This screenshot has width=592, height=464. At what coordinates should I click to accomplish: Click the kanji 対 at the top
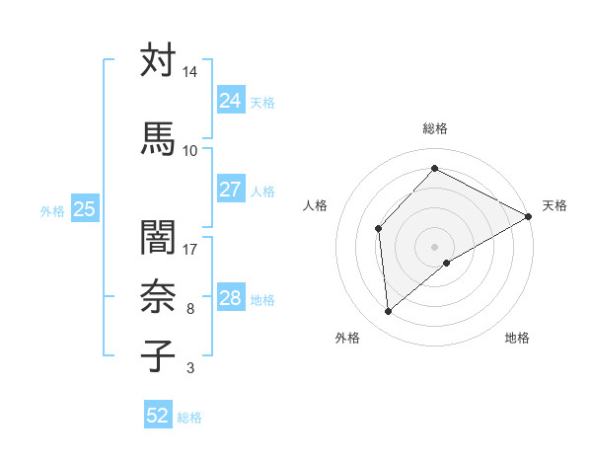157,61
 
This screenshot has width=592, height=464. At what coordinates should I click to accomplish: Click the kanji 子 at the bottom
157,355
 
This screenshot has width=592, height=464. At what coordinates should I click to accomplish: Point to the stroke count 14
189,73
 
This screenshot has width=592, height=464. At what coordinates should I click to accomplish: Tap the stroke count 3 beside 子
189,369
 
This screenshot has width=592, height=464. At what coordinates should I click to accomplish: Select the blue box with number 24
231,101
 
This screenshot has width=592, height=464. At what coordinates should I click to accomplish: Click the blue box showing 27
231,190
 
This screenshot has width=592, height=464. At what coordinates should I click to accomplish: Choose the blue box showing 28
231,298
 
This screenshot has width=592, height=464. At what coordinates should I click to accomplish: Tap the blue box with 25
84,209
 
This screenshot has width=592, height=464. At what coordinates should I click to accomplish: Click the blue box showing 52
158,416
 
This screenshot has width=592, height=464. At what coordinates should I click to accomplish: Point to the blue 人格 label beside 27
262,191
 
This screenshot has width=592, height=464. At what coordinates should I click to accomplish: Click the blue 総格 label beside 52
189,417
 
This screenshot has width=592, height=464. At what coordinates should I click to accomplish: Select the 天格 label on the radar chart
555,205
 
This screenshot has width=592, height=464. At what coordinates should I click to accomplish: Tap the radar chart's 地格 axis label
517,338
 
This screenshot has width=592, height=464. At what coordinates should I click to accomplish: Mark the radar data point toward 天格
529,217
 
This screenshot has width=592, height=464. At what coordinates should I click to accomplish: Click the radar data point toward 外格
389,312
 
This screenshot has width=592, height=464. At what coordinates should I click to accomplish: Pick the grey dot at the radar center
434,246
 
